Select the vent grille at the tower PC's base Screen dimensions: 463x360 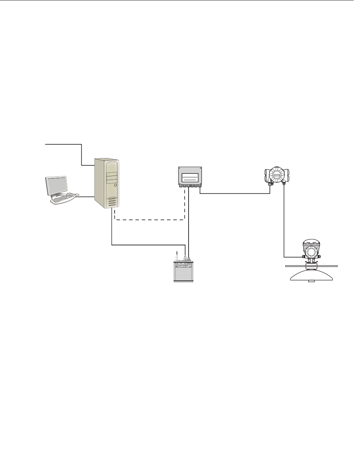[x=112, y=202]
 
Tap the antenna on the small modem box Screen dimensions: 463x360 [x=177, y=255]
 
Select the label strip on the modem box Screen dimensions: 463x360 [x=184, y=266]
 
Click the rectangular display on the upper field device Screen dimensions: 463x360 [x=277, y=175]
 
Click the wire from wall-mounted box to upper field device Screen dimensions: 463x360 [x=235, y=193]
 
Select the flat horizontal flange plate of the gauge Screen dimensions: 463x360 [x=311, y=266]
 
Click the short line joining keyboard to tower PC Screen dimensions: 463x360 [x=86, y=197]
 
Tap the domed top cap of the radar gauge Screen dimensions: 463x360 [x=311, y=242]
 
